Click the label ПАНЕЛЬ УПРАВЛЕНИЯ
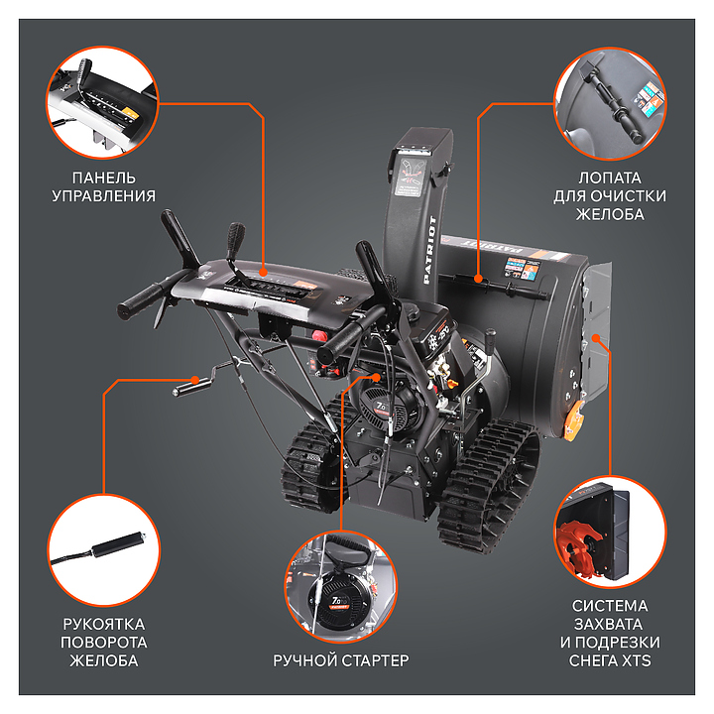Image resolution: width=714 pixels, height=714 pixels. [x=103, y=186]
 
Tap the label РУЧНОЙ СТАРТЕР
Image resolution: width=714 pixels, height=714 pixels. [x=340, y=660]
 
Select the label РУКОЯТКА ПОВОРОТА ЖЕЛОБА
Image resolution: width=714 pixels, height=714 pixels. [x=104, y=642]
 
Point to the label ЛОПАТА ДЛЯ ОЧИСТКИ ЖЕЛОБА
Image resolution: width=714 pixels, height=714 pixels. [x=610, y=195]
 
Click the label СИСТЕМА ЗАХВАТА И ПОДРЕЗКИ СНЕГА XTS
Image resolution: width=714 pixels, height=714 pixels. [x=610, y=633]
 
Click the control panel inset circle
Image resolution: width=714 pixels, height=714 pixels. [x=103, y=103]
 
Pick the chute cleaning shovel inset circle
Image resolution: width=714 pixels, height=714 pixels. [x=610, y=104]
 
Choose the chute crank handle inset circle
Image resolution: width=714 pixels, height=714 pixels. [x=104, y=550]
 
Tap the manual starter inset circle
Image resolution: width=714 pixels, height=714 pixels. [x=340, y=586]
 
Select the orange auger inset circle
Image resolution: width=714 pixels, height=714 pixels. [x=610, y=532]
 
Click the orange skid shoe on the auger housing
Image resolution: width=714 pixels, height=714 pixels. [x=573, y=420]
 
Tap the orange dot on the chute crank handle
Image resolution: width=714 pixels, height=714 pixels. [x=195, y=379]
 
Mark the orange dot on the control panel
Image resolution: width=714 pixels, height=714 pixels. [x=263, y=273]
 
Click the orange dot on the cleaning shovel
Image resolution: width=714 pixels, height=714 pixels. [x=478, y=279]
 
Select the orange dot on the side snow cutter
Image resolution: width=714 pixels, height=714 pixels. [x=596, y=337]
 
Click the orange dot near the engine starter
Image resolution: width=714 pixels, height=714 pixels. [x=376, y=378]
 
